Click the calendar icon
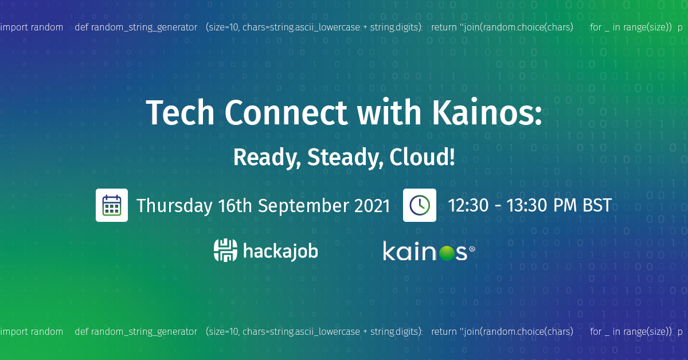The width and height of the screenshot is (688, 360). tap(112, 205)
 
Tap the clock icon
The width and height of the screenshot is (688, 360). tap(420, 205)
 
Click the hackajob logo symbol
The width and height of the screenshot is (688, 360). tap(225, 251)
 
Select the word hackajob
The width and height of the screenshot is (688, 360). tap(280, 251)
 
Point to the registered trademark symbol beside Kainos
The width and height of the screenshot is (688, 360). tap(472, 249)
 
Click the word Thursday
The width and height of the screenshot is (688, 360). tap(174, 206)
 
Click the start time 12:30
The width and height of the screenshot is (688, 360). tap(467, 205)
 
